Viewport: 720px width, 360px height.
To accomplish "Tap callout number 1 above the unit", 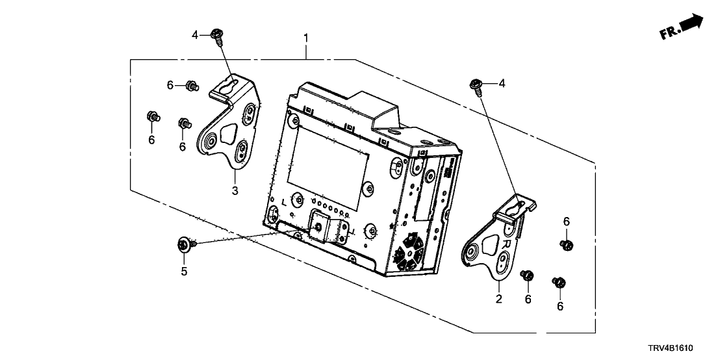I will click(306, 39).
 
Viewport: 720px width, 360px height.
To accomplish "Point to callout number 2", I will click(498, 300).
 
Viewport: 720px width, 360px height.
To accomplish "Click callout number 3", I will click(235, 190).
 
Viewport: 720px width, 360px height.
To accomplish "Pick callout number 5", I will click(184, 271).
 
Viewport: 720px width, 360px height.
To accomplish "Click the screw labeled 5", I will click(185, 245).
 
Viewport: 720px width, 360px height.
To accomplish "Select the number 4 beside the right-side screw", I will click(501, 83).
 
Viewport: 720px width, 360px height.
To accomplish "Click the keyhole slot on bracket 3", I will click(227, 86).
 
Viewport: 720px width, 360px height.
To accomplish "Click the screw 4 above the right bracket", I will click(476, 84).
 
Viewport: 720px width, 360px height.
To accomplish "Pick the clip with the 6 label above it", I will click(566, 244).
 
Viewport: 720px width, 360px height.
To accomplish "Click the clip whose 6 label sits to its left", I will click(191, 84).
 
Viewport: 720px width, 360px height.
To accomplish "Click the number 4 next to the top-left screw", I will click(194, 34).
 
